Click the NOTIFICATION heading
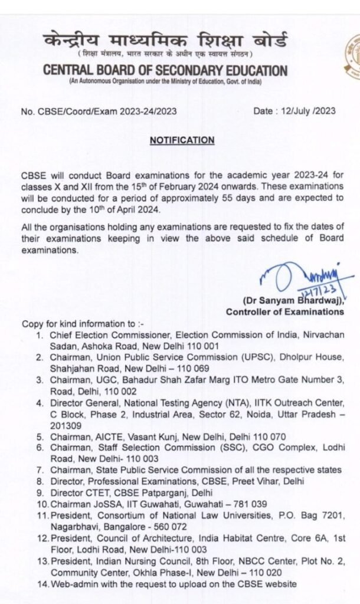pos(182,140)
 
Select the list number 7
pos(39,470)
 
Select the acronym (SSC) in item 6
pos(224,448)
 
